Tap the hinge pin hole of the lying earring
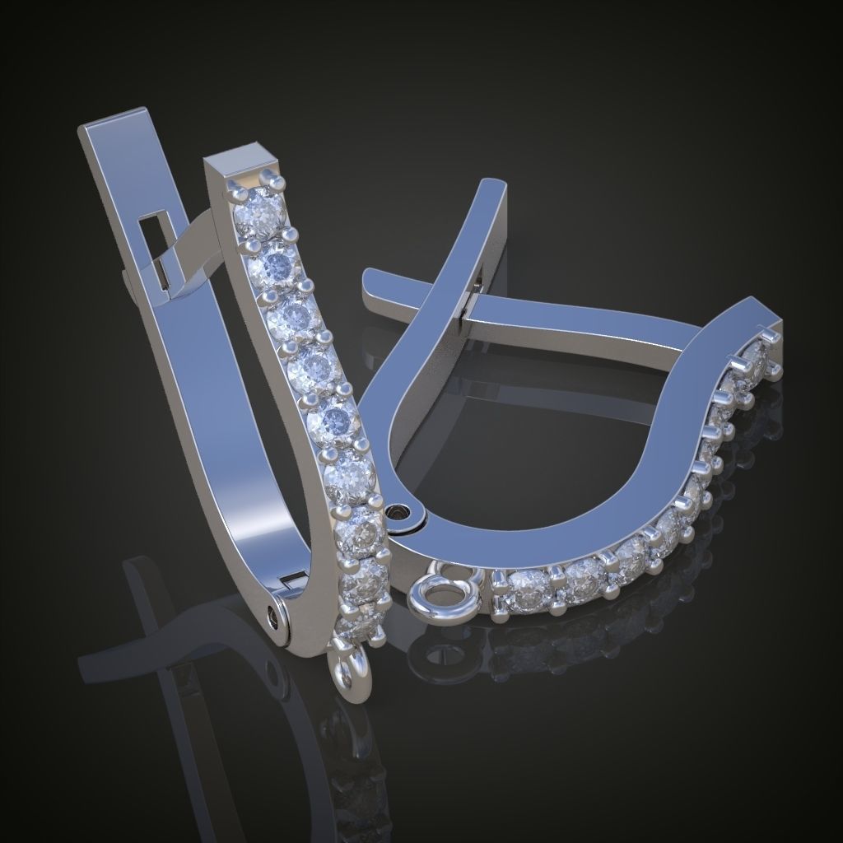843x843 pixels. coord(401,514)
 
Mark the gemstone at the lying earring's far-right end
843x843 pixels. coord(756,356)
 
